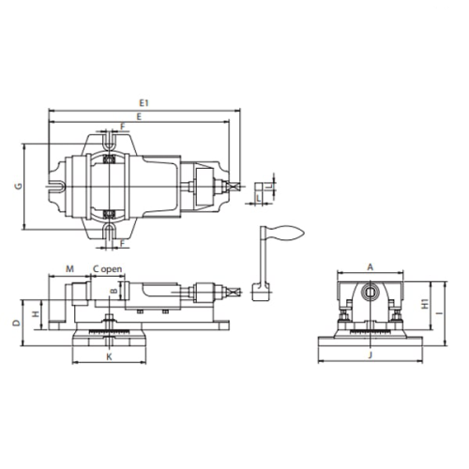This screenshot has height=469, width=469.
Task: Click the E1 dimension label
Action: point(144,103)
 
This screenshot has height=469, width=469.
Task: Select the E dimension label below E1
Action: point(139,116)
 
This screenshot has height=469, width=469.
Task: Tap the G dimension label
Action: point(19,186)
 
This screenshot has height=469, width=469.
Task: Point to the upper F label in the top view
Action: point(123,127)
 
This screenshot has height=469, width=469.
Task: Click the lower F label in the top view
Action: point(122,243)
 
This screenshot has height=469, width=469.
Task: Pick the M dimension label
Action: point(69,269)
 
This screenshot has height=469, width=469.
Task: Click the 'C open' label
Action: point(108,269)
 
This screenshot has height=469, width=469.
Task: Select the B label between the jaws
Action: point(114,291)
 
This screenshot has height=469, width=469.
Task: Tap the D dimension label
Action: point(17,323)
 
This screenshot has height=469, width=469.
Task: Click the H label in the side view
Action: point(37,313)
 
